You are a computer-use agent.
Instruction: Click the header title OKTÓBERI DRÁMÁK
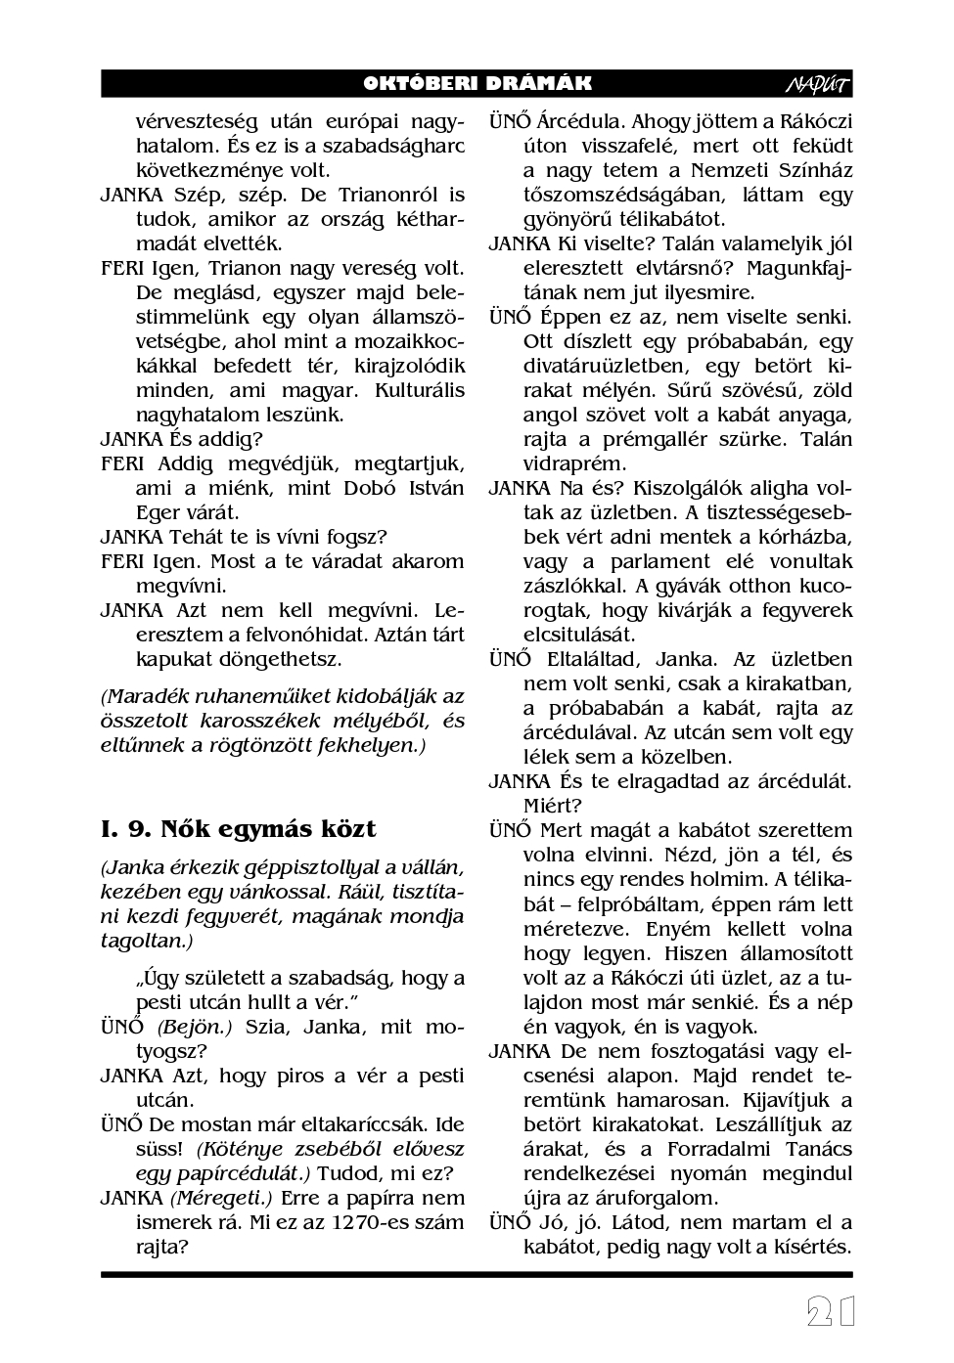click(477, 84)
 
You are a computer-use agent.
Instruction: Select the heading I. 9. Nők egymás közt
click(238, 829)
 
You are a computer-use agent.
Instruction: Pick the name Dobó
click(370, 488)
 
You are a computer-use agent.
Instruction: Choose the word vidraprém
click(574, 463)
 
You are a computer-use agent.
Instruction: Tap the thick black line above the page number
click(477, 1275)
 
